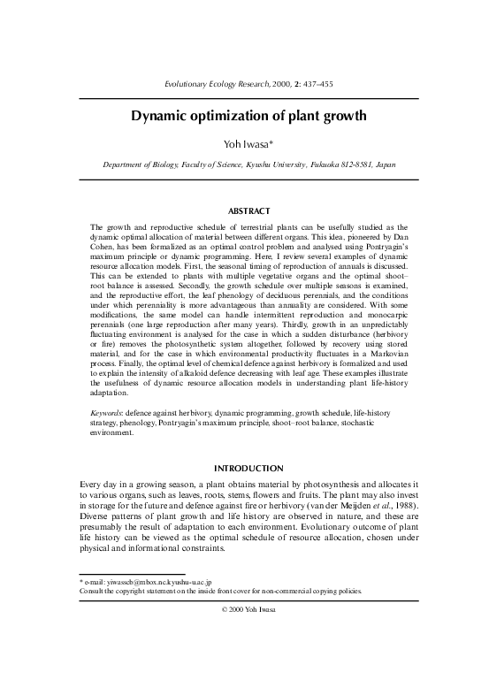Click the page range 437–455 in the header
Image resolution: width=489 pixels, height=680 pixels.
315,84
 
